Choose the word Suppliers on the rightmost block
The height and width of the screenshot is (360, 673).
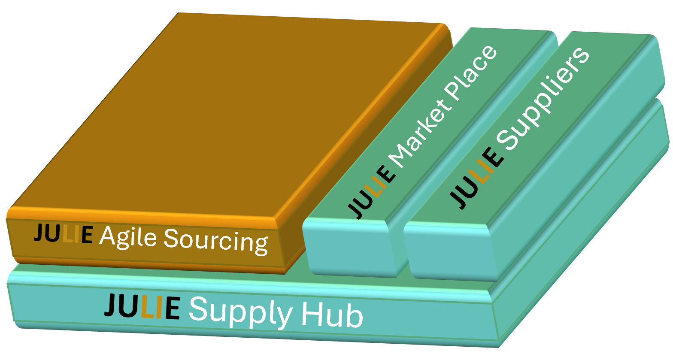[x=546, y=101]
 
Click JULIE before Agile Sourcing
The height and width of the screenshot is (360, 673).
[x=63, y=234]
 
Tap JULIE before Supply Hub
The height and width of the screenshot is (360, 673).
[x=142, y=306]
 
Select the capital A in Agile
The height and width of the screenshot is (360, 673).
[x=107, y=236]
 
